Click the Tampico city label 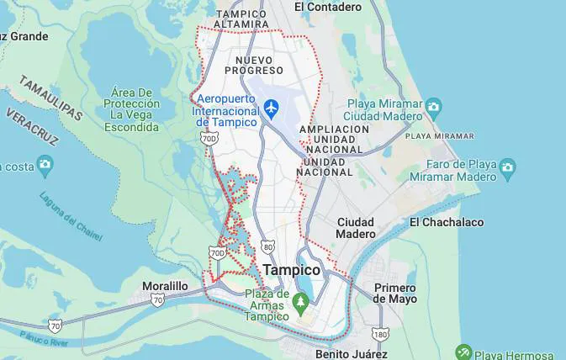tap(292, 270)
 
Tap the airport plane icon tap(271, 108)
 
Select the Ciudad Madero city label tap(356, 227)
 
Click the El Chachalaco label tap(447, 222)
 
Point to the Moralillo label tap(165, 286)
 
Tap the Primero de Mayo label tap(395, 293)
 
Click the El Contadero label tap(327, 7)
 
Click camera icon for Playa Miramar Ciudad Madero tap(433, 107)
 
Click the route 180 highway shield tap(381, 334)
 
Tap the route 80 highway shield tap(267, 246)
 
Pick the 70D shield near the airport tap(208, 137)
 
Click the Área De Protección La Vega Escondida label tap(131, 109)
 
